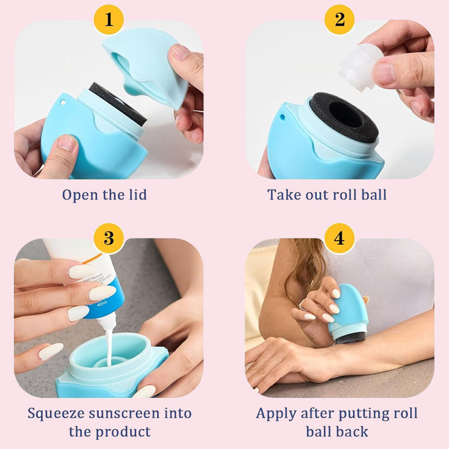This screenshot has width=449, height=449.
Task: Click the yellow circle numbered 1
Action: [108, 20]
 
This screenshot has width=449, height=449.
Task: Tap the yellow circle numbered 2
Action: [340, 20]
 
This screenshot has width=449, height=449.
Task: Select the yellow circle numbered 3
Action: [109, 238]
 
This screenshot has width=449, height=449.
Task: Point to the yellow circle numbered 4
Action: [340, 238]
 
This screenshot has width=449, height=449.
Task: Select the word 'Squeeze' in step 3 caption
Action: [56, 414]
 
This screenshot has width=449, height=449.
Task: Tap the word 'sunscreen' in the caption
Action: [124, 414]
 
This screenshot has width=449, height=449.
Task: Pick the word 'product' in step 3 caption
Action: [123, 432]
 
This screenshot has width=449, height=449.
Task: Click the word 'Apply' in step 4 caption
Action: [276, 414]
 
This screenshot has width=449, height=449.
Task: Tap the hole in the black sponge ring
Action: [346, 115]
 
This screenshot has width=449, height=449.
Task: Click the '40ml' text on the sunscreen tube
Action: [102, 304]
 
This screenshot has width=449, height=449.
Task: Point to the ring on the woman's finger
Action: [303, 304]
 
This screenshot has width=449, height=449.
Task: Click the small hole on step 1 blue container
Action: [63, 102]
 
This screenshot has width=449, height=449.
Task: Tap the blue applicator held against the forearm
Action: [347, 314]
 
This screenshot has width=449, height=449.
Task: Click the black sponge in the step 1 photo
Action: [118, 104]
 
